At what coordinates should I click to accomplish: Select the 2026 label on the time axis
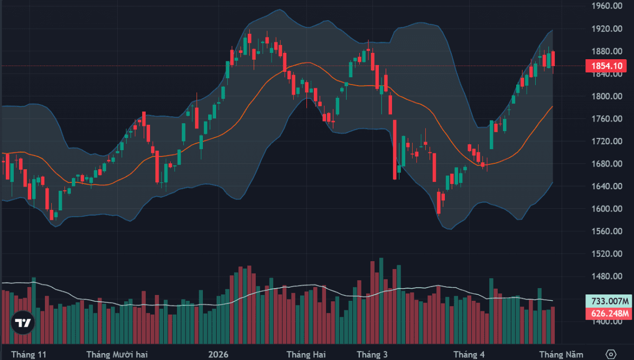tap(218, 354)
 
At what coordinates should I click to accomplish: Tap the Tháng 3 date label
tap(372, 354)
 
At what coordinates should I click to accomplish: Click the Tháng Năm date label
tap(561, 354)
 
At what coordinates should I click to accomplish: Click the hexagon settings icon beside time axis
tap(611, 354)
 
